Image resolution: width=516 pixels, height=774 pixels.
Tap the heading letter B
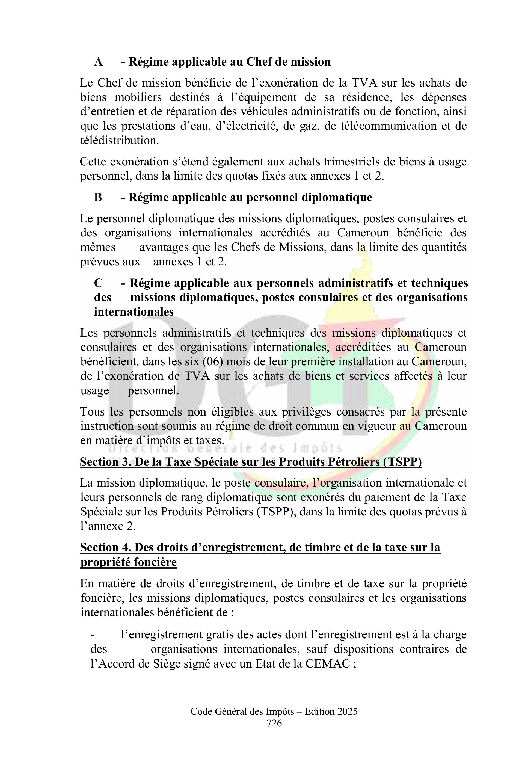point(98,197)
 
